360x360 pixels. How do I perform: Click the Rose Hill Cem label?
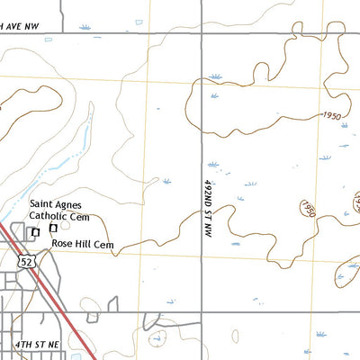pyautogui.click(x=82, y=244)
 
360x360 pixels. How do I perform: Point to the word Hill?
pyautogui.click(x=83, y=244)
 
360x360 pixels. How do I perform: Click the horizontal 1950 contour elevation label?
pyautogui.click(x=330, y=116)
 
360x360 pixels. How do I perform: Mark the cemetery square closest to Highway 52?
pyautogui.click(x=35, y=232)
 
